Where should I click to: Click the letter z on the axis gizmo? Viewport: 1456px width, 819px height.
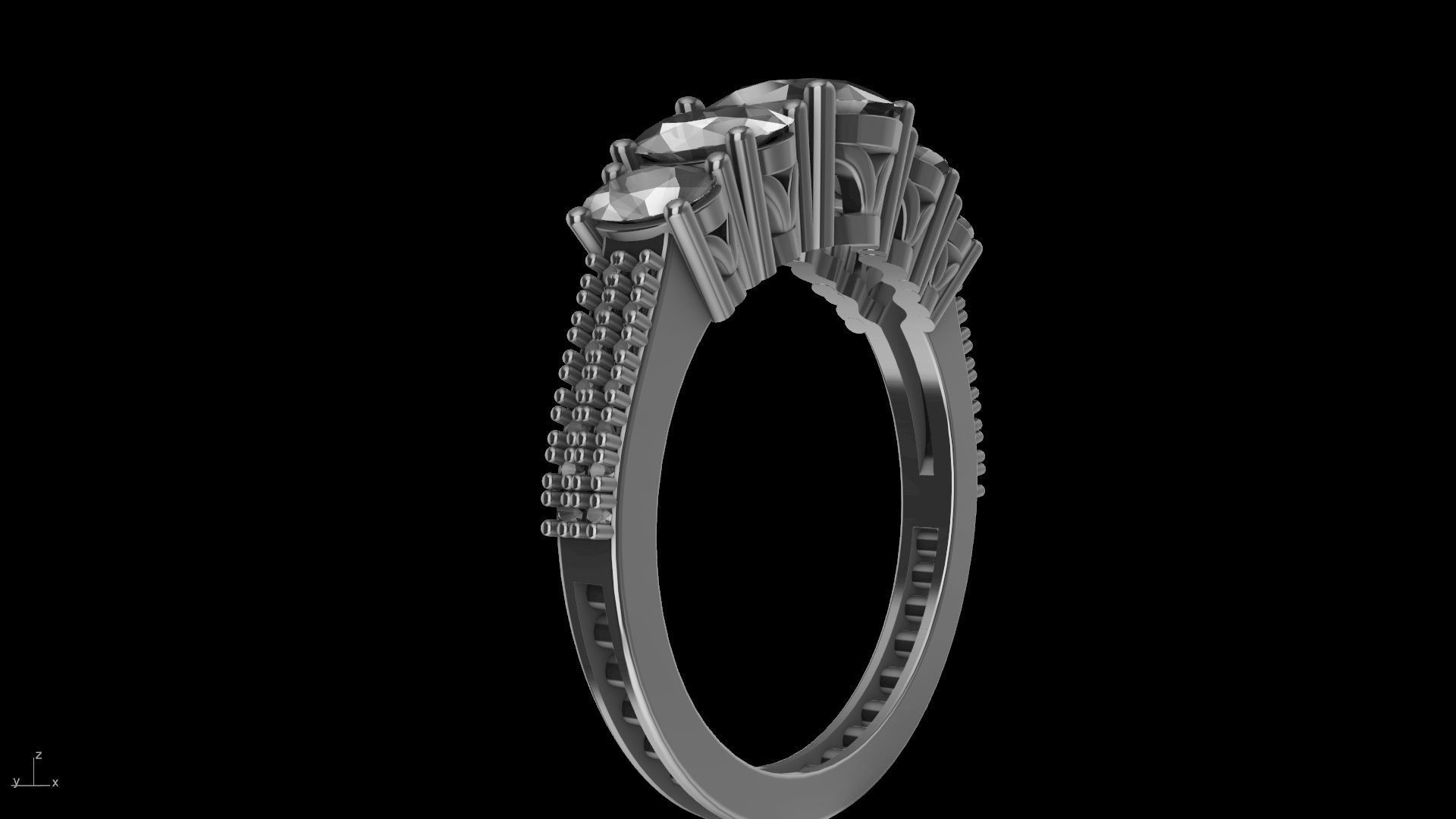point(38,755)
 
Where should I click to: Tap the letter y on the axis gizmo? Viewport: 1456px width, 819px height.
point(15,782)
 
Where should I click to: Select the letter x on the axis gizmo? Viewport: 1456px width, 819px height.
point(55,783)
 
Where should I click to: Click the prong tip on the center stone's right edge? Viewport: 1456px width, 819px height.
point(904,110)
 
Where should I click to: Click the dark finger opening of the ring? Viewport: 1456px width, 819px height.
point(781,531)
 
